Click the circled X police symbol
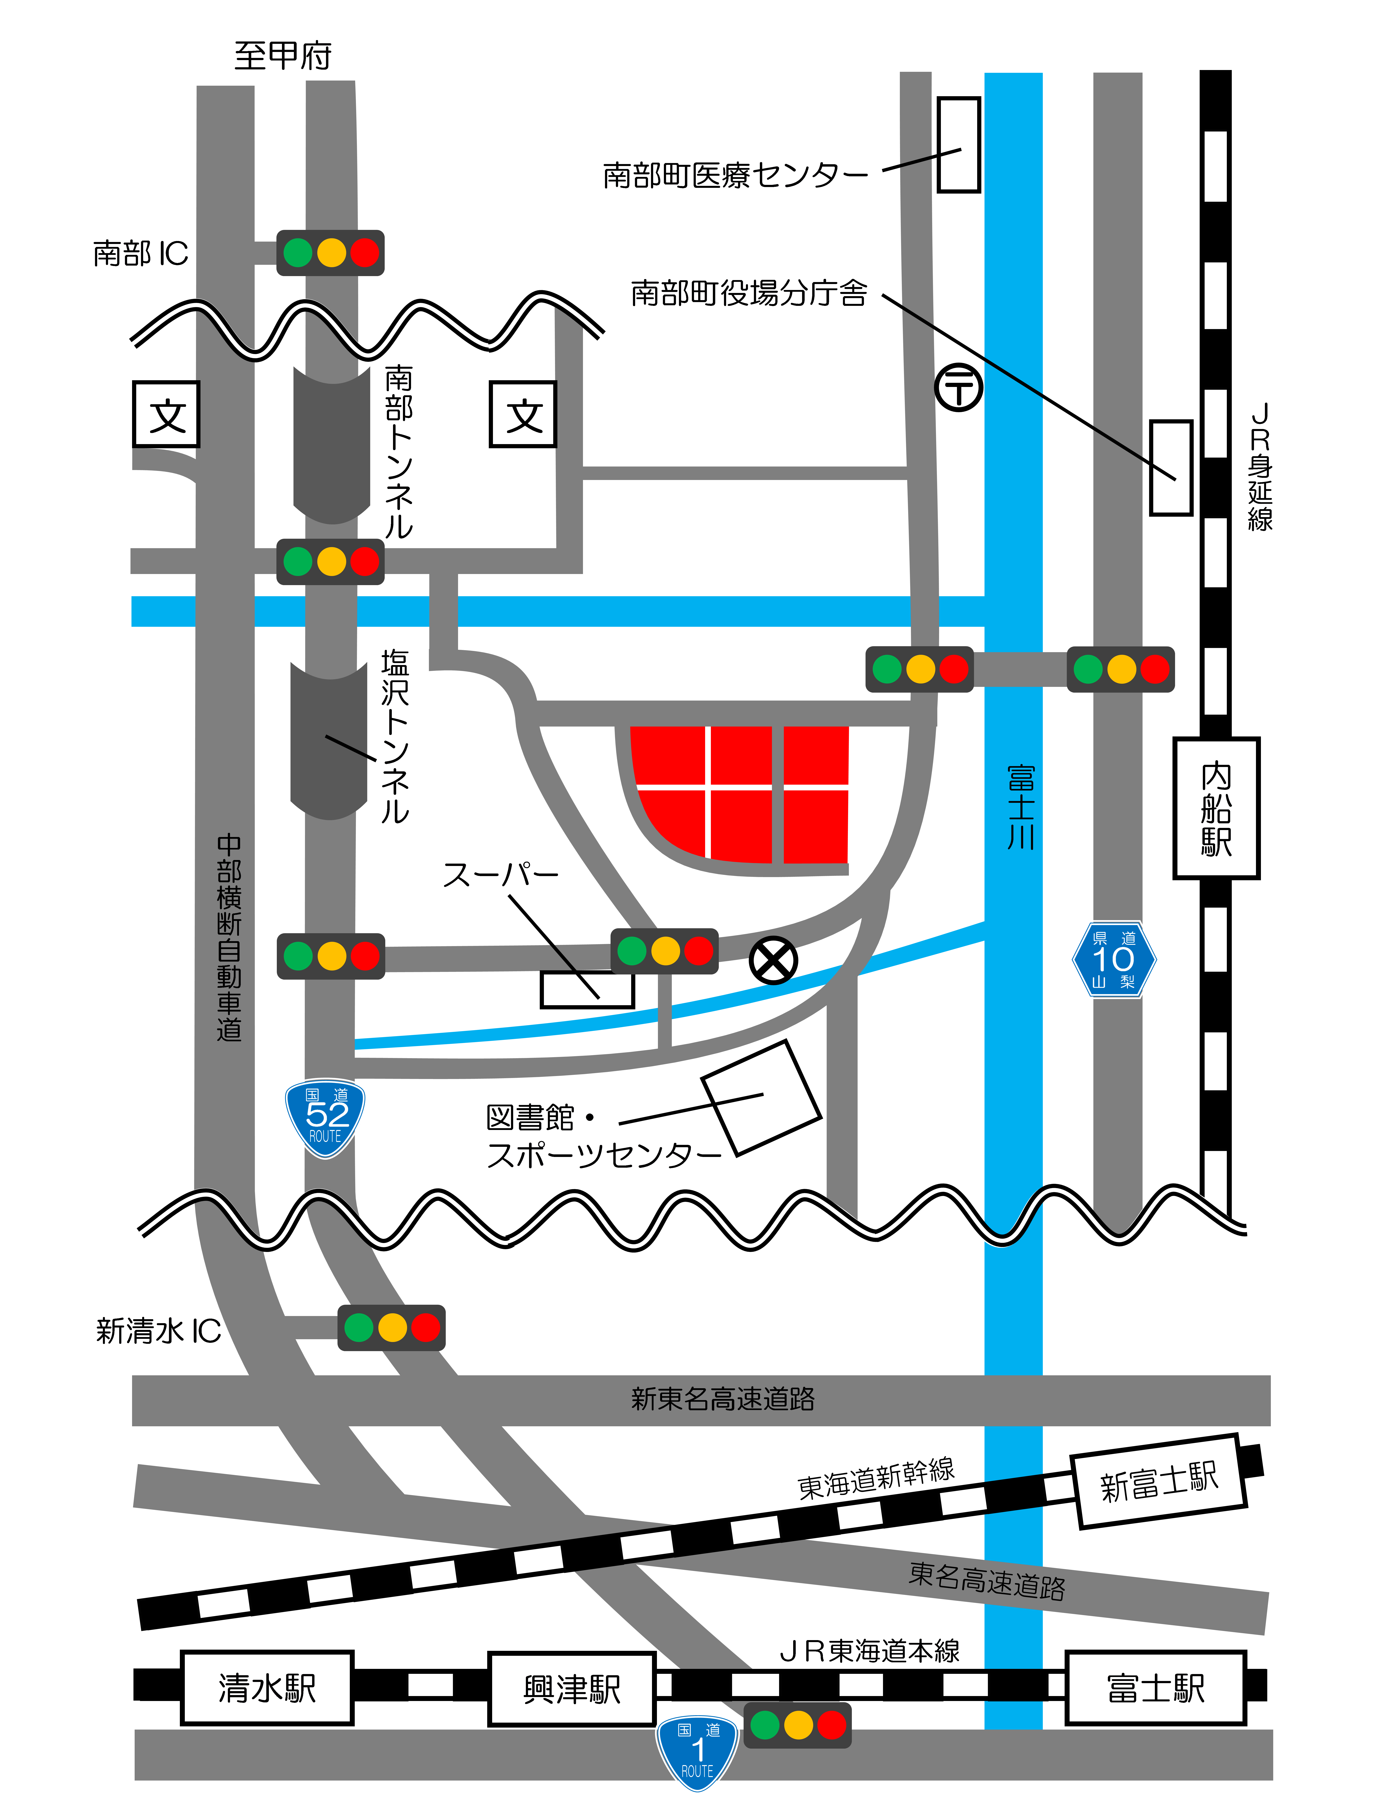(x=773, y=960)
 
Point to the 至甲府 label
(x=283, y=56)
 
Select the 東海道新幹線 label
(x=876, y=1479)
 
